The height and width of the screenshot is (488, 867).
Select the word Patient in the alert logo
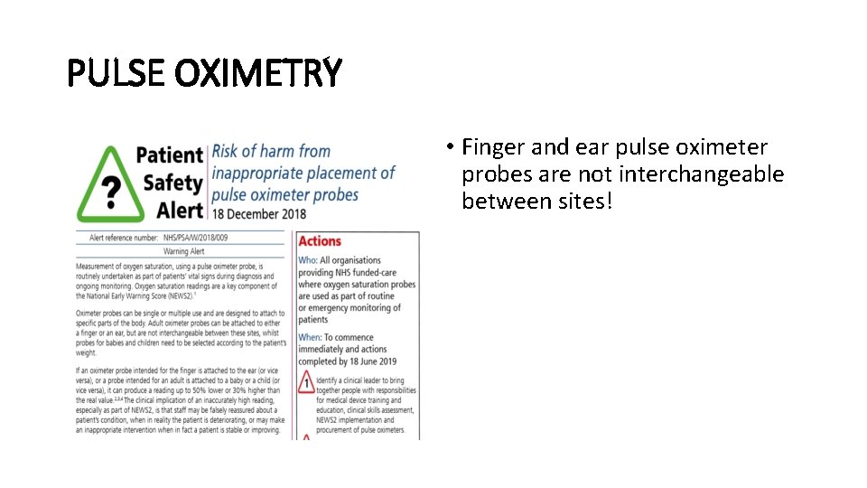pos(170,155)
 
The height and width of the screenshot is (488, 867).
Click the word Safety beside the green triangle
pos(172,183)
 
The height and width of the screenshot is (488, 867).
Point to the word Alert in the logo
pos(179,210)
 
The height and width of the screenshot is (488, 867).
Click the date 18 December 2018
pos(258,214)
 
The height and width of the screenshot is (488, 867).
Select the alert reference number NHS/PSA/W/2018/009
pos(196,238)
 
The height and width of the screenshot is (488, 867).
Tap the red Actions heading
pos(320,241)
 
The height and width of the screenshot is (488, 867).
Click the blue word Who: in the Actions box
pos(308,260)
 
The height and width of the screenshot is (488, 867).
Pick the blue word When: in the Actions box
pos(310,336)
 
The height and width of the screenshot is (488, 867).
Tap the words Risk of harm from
pos(271,151)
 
